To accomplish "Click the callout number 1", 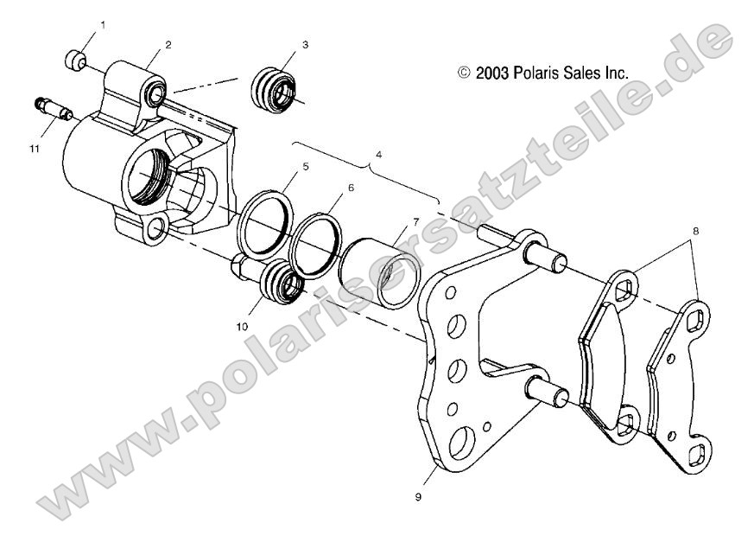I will click(x=104, y=26).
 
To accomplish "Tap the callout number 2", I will click(x=168, y=43).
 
